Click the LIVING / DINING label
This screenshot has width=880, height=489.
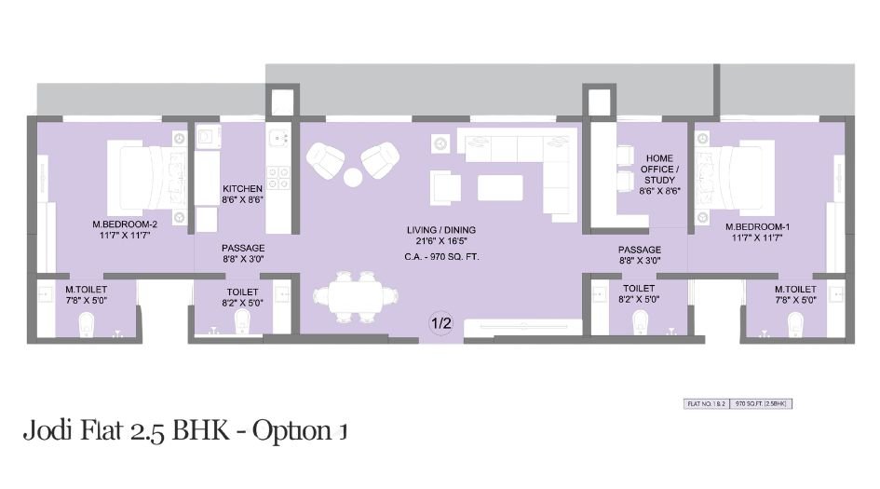[441, 229]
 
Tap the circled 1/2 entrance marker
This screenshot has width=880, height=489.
[440, 324]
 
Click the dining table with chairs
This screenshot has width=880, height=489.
[354, 297]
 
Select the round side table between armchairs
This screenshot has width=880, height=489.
[354, 177]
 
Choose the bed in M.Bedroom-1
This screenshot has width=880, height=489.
[739, 176]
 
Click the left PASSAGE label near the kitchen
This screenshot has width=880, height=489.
[242, 249]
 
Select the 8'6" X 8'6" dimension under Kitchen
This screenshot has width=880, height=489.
[242, 199]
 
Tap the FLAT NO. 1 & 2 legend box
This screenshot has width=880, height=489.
[707, 404]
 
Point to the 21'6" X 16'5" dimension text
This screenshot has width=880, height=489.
[441, 241]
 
